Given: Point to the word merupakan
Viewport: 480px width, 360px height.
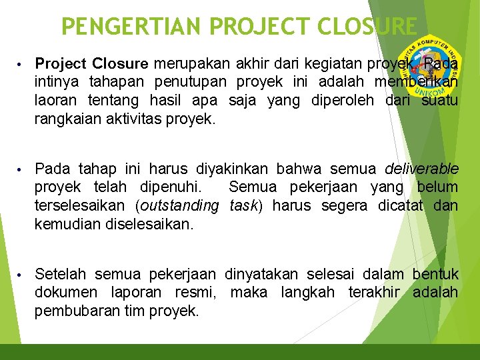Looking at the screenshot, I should (187, 64).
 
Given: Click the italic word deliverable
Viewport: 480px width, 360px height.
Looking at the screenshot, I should (421, 168).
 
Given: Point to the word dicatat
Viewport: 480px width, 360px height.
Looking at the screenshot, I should (401, 205).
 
